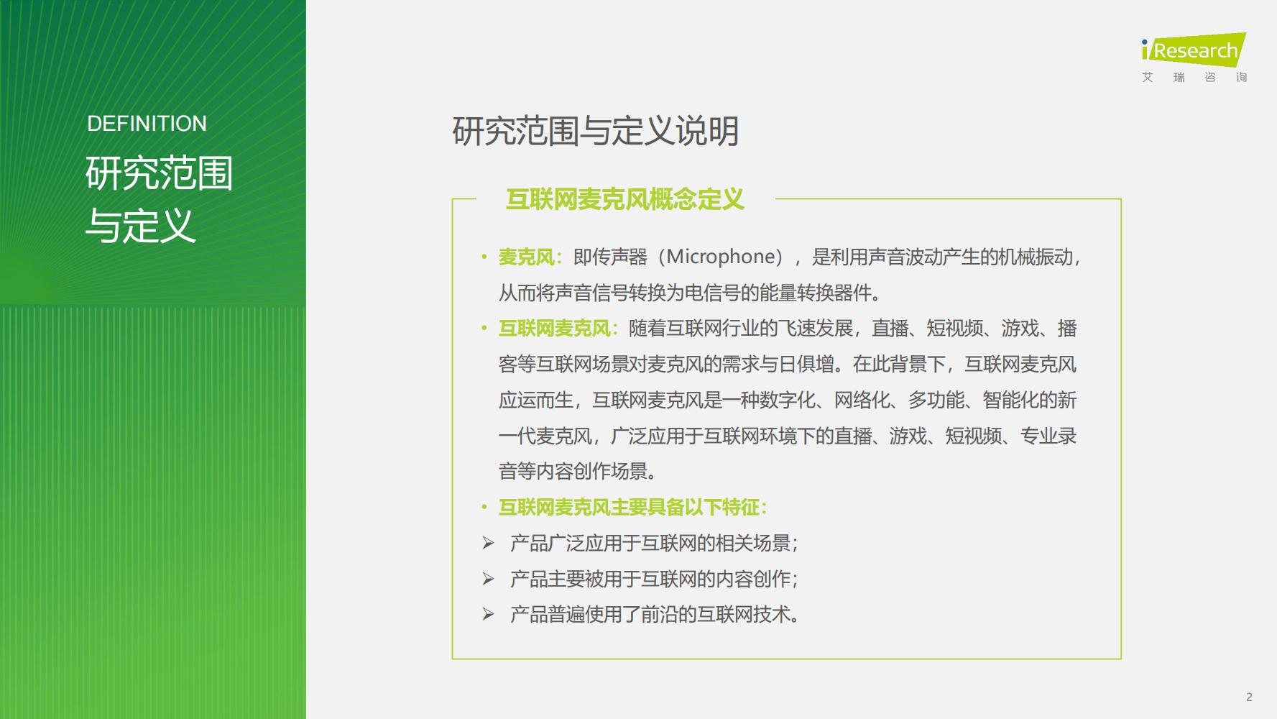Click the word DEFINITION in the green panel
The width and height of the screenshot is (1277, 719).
coord(147,124)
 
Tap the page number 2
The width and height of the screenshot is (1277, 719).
coord(1249,697)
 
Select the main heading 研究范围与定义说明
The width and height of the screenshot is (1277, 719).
coord(595,131)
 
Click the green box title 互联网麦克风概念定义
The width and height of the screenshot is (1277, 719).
coord(624,199)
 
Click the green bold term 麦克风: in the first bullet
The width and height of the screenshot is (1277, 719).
coord(530,257)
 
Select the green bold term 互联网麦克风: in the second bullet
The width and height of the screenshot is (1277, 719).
coord(558,329)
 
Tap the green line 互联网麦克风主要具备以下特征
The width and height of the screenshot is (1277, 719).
coord(632,508)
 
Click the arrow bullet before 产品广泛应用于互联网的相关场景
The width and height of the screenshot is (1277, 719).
coord(489,543)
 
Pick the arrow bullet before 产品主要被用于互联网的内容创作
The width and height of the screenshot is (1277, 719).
coord(489,579)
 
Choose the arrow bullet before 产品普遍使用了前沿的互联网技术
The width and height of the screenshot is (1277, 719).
coord(489,614)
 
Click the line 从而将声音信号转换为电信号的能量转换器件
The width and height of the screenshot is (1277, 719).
coord(690,293)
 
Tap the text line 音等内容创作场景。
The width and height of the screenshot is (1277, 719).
coord(578,472)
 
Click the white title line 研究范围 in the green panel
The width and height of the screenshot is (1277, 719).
coord(160,173)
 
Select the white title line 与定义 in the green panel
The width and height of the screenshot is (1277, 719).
coord(141,226)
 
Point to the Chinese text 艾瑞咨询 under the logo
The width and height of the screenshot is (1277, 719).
coord(1194,77)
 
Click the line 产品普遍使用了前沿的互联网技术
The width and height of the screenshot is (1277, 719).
coord(655,615)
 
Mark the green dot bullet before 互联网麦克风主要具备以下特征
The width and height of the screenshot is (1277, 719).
coord(484,508)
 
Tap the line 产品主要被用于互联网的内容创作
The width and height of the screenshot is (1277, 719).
coord(654,579)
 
